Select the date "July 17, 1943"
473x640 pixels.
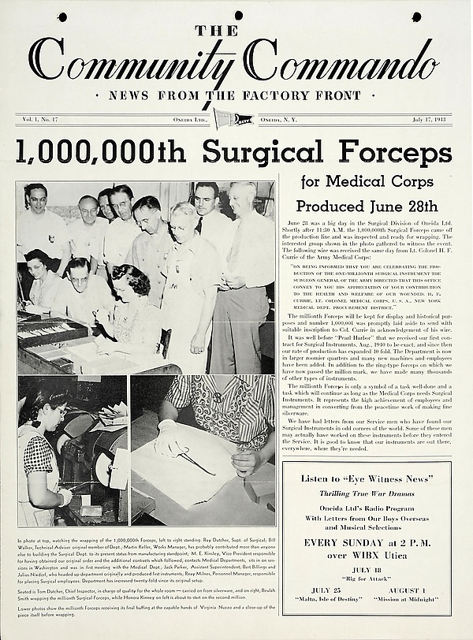click(433, 120)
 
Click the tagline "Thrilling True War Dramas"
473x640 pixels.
click(366, 493)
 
